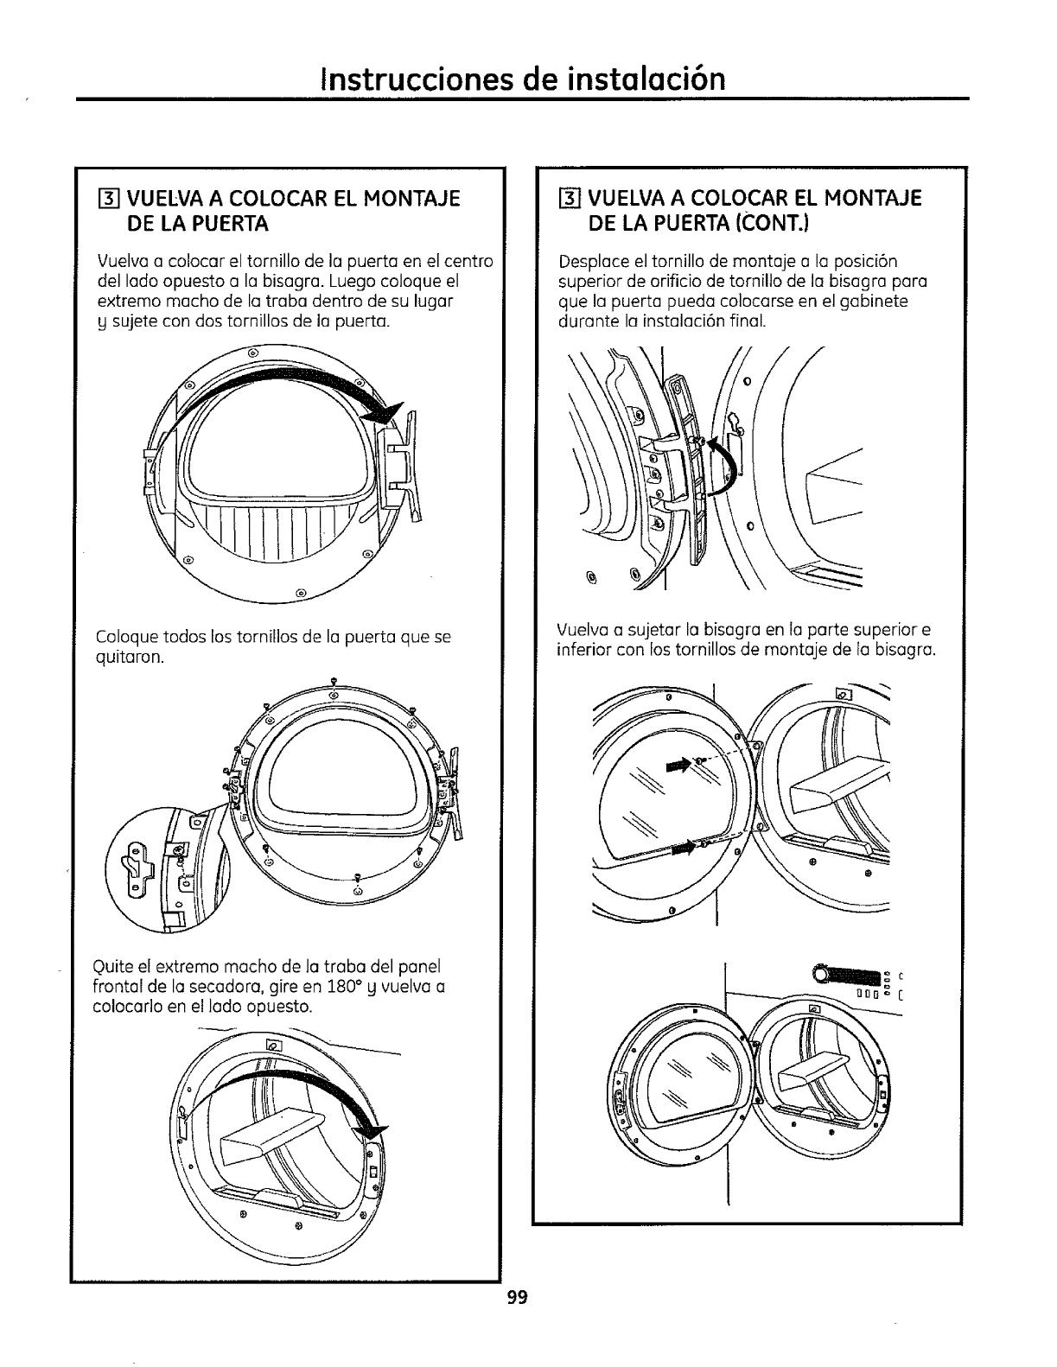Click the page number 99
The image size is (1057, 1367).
(x=518, y=1298)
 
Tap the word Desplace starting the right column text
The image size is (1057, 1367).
(x=592, y=262)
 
